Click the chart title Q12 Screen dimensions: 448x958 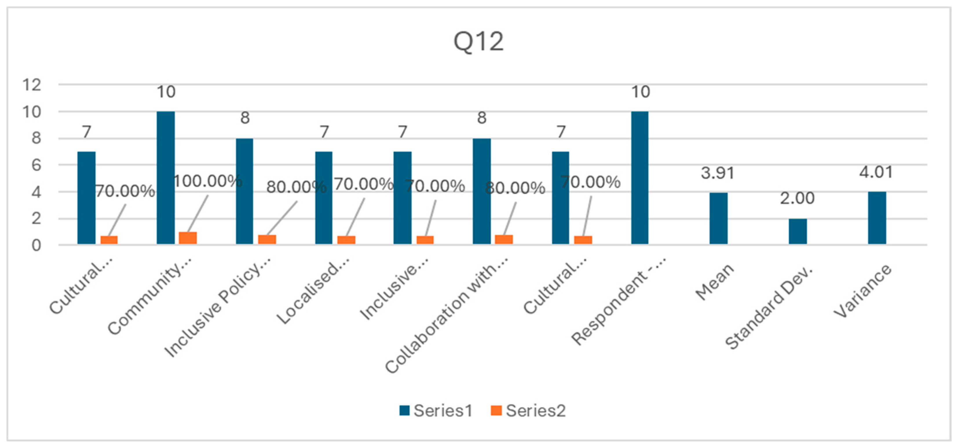(479, 41)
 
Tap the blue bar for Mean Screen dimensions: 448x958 (718, 218)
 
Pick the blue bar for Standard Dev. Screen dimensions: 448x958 (798, 231)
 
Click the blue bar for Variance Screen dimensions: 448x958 (877, 218)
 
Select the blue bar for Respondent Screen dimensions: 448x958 (640, 178)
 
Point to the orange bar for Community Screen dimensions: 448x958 (188, 238)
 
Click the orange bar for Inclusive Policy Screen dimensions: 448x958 (267, 239)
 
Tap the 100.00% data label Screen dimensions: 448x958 (208, 181)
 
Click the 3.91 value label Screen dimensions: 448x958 (718, 173)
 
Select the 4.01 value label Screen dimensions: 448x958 (876, 172)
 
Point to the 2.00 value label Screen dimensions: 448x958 (797, 198)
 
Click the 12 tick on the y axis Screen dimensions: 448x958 (32, 85)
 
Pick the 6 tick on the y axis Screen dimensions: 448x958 (36, 165)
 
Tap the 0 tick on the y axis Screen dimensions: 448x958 (36, 245)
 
